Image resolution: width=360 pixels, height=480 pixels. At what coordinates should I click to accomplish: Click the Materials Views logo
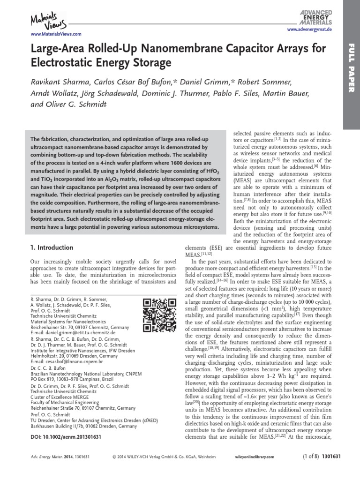(48, 20)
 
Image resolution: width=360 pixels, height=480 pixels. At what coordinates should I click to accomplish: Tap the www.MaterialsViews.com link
(56, 34)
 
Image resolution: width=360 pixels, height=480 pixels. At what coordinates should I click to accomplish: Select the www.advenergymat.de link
(309, 30)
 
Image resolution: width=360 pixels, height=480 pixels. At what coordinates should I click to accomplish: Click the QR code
(159, 315)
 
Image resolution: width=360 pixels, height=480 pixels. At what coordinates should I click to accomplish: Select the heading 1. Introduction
(52, 247)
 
